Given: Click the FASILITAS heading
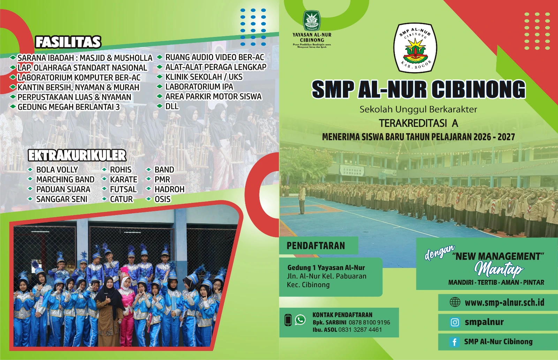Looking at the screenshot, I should pyautogui.click(x=68, y=42).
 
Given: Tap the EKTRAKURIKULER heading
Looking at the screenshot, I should pyautogui.click(x=77, y=155).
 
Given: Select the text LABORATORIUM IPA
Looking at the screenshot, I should pyautogui.click(x=199, y=87).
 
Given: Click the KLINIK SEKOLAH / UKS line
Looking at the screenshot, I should pyautogui.click(x=204, y=77).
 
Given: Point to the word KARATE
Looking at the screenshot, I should pyautogui.click(x=123, y=179).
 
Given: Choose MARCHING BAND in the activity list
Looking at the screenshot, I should pyautogui.click(x=65, y=179).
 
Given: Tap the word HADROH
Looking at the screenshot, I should pyautogui.click(x=169, y=189).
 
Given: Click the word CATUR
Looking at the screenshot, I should pyautogui.click(x=121, y=199).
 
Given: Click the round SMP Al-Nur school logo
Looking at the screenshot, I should pyautogui.click(x=415, y=48).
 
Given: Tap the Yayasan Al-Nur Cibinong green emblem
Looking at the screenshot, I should pyautogui.click(x=311, y=21).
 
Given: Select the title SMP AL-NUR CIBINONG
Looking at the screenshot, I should pyautogui.click(x=418, y=89).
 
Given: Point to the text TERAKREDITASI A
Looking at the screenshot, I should pyautogui.click(x=418, y=123).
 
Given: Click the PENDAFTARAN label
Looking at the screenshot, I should pyautogui.click(x=316, y=246).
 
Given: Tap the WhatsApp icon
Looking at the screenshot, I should pyautogui.click(x=300, y=320).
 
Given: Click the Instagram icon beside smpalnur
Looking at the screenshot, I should pyautogui.click(x=455, y=322).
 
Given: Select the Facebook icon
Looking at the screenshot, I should pyautogui.click(x=454, y=342).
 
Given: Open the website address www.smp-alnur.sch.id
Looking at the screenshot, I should pyautogui.click(x=504, y=302).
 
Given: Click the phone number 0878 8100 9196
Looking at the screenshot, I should pyautogui.click(x=369, y=323).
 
